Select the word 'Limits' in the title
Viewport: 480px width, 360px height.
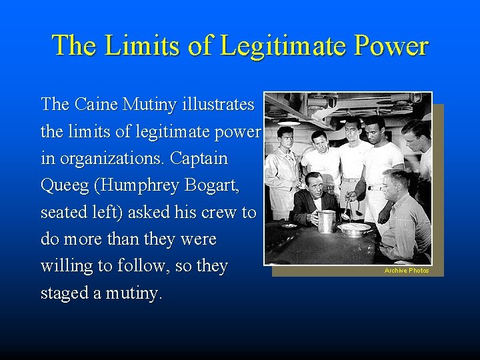pyautogui.click(x=137, y=45)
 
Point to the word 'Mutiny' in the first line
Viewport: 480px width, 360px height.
pyautogui.click(x=145, y=105)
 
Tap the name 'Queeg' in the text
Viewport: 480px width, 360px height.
pyautogui.click(x=64, y=186)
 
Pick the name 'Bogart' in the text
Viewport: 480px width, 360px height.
pyautogui.click(x=215, y=186)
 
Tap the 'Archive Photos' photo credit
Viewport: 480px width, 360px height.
pyautogui.click(x=407, y=270)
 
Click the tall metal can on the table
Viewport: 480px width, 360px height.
pyautogui.click(x=327, y=221)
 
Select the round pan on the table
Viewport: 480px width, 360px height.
pyautogui.click(x=355, y=229)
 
